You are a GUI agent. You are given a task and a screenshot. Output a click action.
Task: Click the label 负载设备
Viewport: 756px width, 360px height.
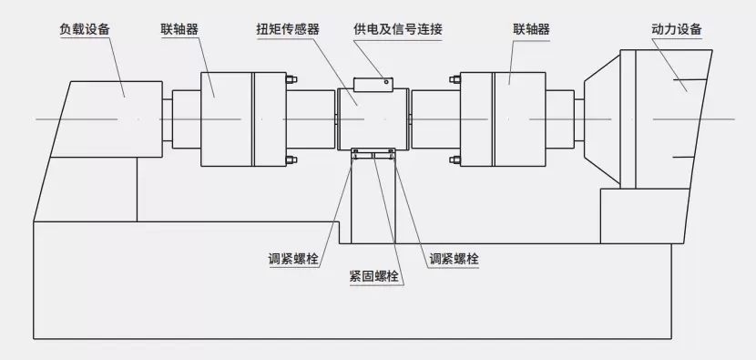(85, 29)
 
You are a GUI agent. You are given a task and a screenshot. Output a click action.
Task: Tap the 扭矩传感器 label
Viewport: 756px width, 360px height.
(287, 29)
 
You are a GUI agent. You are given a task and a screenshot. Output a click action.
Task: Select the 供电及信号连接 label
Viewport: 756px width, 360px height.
(398, 29)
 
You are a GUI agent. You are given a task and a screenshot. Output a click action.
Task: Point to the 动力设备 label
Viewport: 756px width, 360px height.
(677, 29)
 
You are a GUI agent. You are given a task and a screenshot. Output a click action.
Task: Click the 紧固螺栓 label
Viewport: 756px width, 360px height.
(373, 276)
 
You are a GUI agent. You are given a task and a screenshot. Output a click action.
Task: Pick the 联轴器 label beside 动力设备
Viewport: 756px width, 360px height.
(531, 29)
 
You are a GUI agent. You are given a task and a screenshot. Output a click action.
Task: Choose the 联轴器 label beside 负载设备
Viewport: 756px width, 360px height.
(179, 29)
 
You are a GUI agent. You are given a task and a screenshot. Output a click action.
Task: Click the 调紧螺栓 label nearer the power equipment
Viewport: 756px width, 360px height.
(455, 259)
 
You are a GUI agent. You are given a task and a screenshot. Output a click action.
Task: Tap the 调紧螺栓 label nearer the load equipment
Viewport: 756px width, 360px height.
(293, 259)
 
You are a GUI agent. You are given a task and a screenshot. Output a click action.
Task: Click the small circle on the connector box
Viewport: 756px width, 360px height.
(386, 81)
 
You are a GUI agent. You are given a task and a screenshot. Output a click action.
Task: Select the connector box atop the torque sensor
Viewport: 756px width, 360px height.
(373, 84)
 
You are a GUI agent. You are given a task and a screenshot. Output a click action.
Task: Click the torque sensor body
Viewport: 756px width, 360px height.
(373, 118)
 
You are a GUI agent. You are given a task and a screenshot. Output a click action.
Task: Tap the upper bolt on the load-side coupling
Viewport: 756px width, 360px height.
(291, 79)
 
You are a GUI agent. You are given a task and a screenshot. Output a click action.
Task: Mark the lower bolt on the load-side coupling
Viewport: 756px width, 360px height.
(291, 159)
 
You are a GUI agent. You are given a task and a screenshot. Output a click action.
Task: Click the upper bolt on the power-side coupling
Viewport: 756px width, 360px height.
(455, 79)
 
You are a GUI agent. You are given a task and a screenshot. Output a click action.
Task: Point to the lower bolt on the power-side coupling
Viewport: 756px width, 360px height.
(455, 159)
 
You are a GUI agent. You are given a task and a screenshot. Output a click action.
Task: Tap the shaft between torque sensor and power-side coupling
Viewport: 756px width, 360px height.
(436, 118)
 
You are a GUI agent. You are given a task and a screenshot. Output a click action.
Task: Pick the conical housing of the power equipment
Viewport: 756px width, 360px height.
(603, 118)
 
